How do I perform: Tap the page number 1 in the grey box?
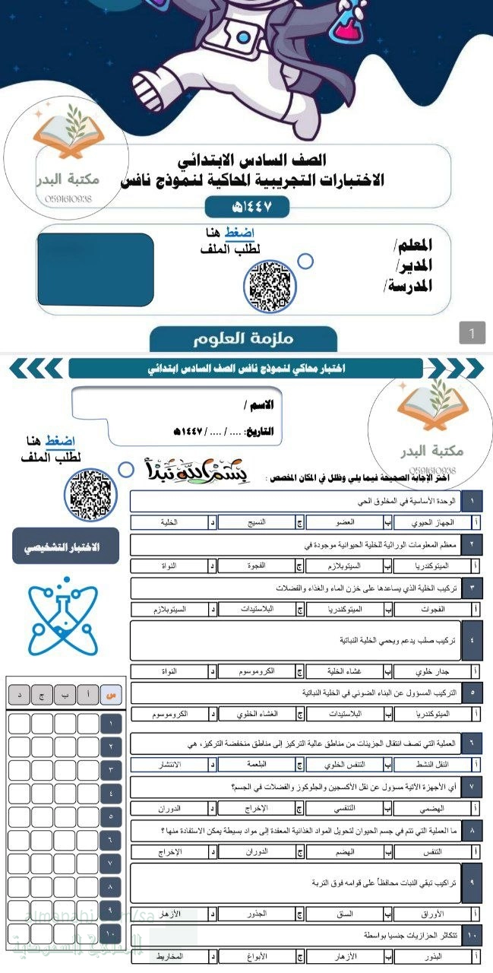[x=472, y=332]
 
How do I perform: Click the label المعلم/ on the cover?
[x=413, y=246]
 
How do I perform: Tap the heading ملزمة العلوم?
[x=243, y=339]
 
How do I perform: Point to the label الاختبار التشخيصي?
[x=65, y=547]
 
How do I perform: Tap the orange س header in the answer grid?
[x=112, y=694]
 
